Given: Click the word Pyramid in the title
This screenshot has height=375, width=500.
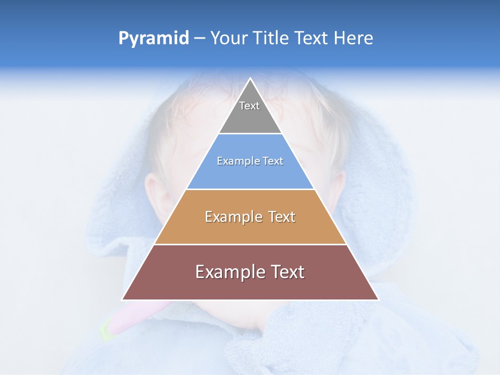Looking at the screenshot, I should click(x=153, y=39).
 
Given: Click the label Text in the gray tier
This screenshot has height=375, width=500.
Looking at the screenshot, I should click(x=249, y=106).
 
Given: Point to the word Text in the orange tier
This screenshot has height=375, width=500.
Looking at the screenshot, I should click(x=282, y=217).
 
